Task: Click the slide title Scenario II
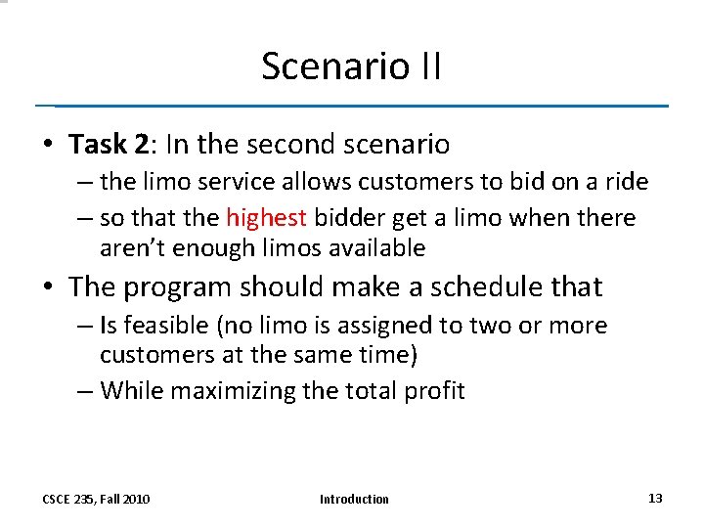click(x=351, y=66)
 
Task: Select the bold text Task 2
click(x=109, y=145)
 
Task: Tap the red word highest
click(x=266, y=217)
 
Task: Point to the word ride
click(x=625, y=182)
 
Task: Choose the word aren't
click(x=133, y=248)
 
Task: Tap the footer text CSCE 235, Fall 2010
click(x=96, y=500)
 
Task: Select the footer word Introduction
click(x=354, y=500)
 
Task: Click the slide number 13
click(x=655, y=499)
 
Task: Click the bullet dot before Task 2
click(x=47, y=146)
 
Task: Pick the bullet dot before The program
click(x=47, y=287)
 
